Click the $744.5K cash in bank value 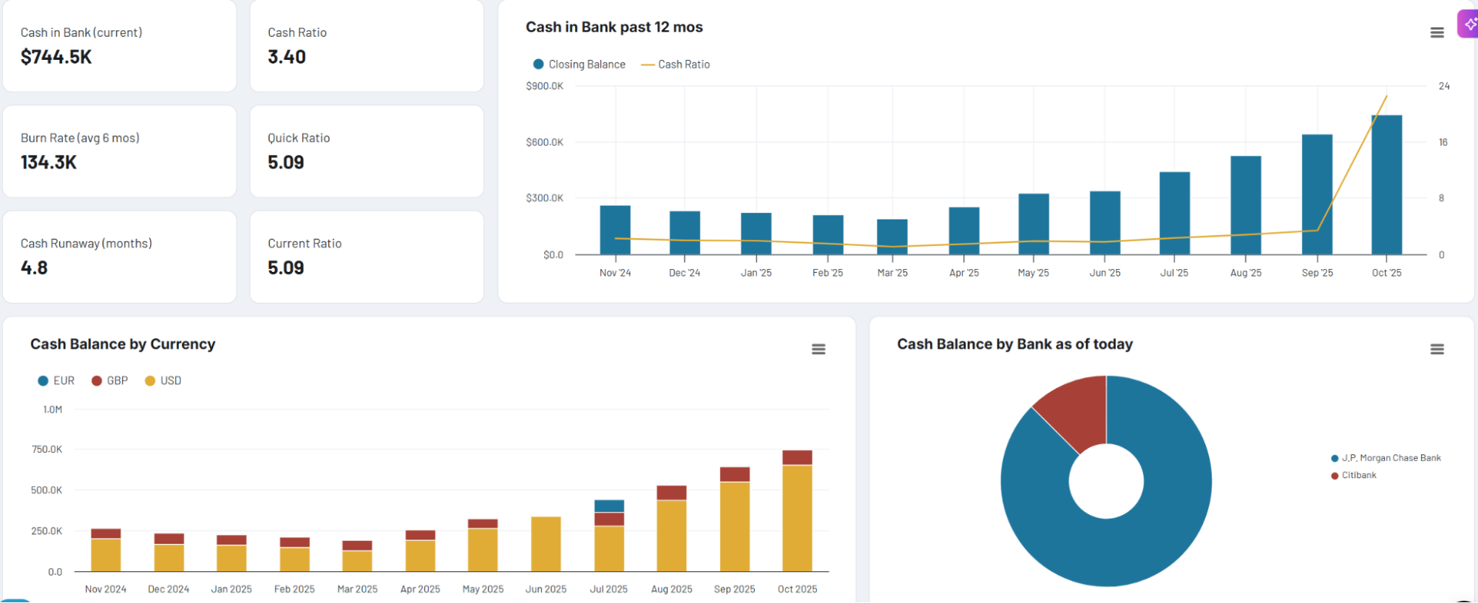click(x=56, y=57)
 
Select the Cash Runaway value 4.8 click(x=34, y=268)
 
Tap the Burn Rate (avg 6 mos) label click(x=80, y=138)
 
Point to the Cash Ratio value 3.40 click(x=287, y=57)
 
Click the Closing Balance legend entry click(x=580, y=64)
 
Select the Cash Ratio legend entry click(x=676, y=64)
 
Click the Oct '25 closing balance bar click(x=1386, y=185)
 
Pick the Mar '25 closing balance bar click(x=892, y=236)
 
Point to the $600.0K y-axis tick click(x=544, y=142)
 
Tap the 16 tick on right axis click(x=1443, y=142)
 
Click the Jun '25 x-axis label click(x=1105, y=273)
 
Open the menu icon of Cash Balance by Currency click(x=818, y=349)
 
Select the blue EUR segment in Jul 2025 click(x=609, y=506)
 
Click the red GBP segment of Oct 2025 click(x=797, y=457)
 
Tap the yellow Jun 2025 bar click(x=546, y=544)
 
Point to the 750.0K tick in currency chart click(x=47, y=449)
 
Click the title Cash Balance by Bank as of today click(x=1014, y=344)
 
